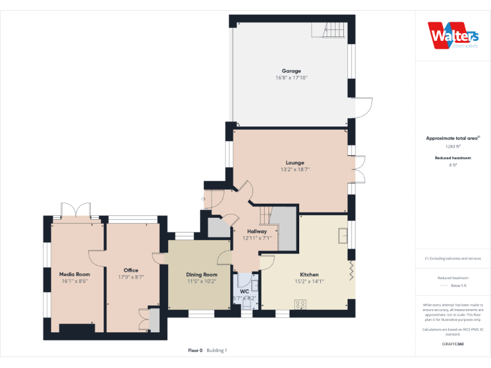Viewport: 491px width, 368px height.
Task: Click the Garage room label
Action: (292, 71)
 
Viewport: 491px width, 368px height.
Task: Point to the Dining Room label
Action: (202, 275)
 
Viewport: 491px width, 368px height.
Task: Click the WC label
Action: (244, 291)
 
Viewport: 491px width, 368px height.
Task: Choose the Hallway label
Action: (257, 231)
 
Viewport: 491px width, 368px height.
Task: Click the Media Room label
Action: (74, 274)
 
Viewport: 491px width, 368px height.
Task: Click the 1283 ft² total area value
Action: (453, 146)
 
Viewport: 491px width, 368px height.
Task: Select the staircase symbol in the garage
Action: (331, 29)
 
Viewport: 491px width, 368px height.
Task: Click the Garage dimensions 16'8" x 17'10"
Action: (292, 78)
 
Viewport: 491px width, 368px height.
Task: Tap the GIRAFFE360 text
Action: (453, 344)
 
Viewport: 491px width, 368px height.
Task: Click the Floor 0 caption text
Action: (195, 350)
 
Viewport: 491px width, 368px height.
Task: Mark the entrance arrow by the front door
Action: (203, 199)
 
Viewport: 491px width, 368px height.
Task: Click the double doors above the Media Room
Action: (76, 210)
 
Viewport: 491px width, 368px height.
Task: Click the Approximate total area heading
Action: (452, 138)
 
